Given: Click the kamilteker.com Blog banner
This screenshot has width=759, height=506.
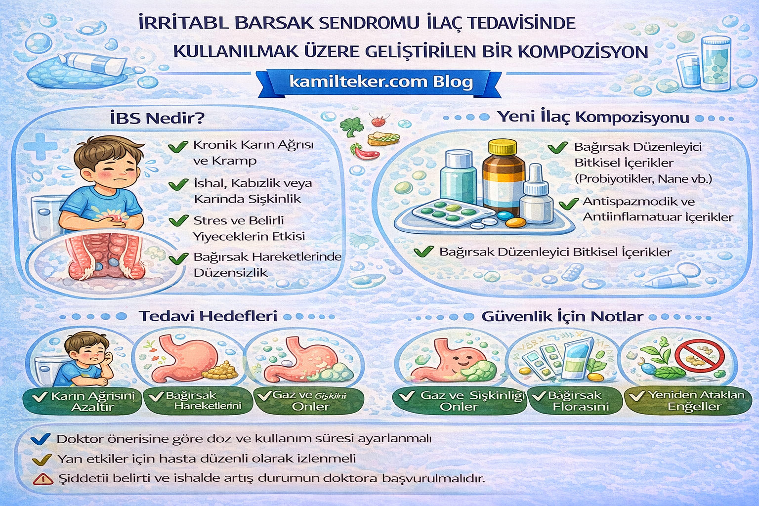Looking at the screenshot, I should (x=380, y=82).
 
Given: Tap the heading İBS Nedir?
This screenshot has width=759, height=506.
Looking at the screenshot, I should (x=157, y=119).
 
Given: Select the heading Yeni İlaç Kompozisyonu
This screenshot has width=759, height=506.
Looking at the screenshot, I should (x=592, y=117).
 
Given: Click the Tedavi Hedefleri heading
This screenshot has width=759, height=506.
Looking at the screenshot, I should (x=208, y=316).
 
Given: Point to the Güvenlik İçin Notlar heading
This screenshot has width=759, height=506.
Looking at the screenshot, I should (x=562, y=317).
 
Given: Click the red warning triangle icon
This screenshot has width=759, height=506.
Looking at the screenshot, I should (x=43, y=479).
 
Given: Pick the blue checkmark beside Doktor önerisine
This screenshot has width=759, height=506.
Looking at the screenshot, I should (x=40, y=439).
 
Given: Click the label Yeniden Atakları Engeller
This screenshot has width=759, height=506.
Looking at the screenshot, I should (x=689, y=401).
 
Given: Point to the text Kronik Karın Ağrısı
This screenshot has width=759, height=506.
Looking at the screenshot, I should (x=253, y=145).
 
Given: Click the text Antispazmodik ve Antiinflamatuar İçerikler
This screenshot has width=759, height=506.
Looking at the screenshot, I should (x=657, y=209).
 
